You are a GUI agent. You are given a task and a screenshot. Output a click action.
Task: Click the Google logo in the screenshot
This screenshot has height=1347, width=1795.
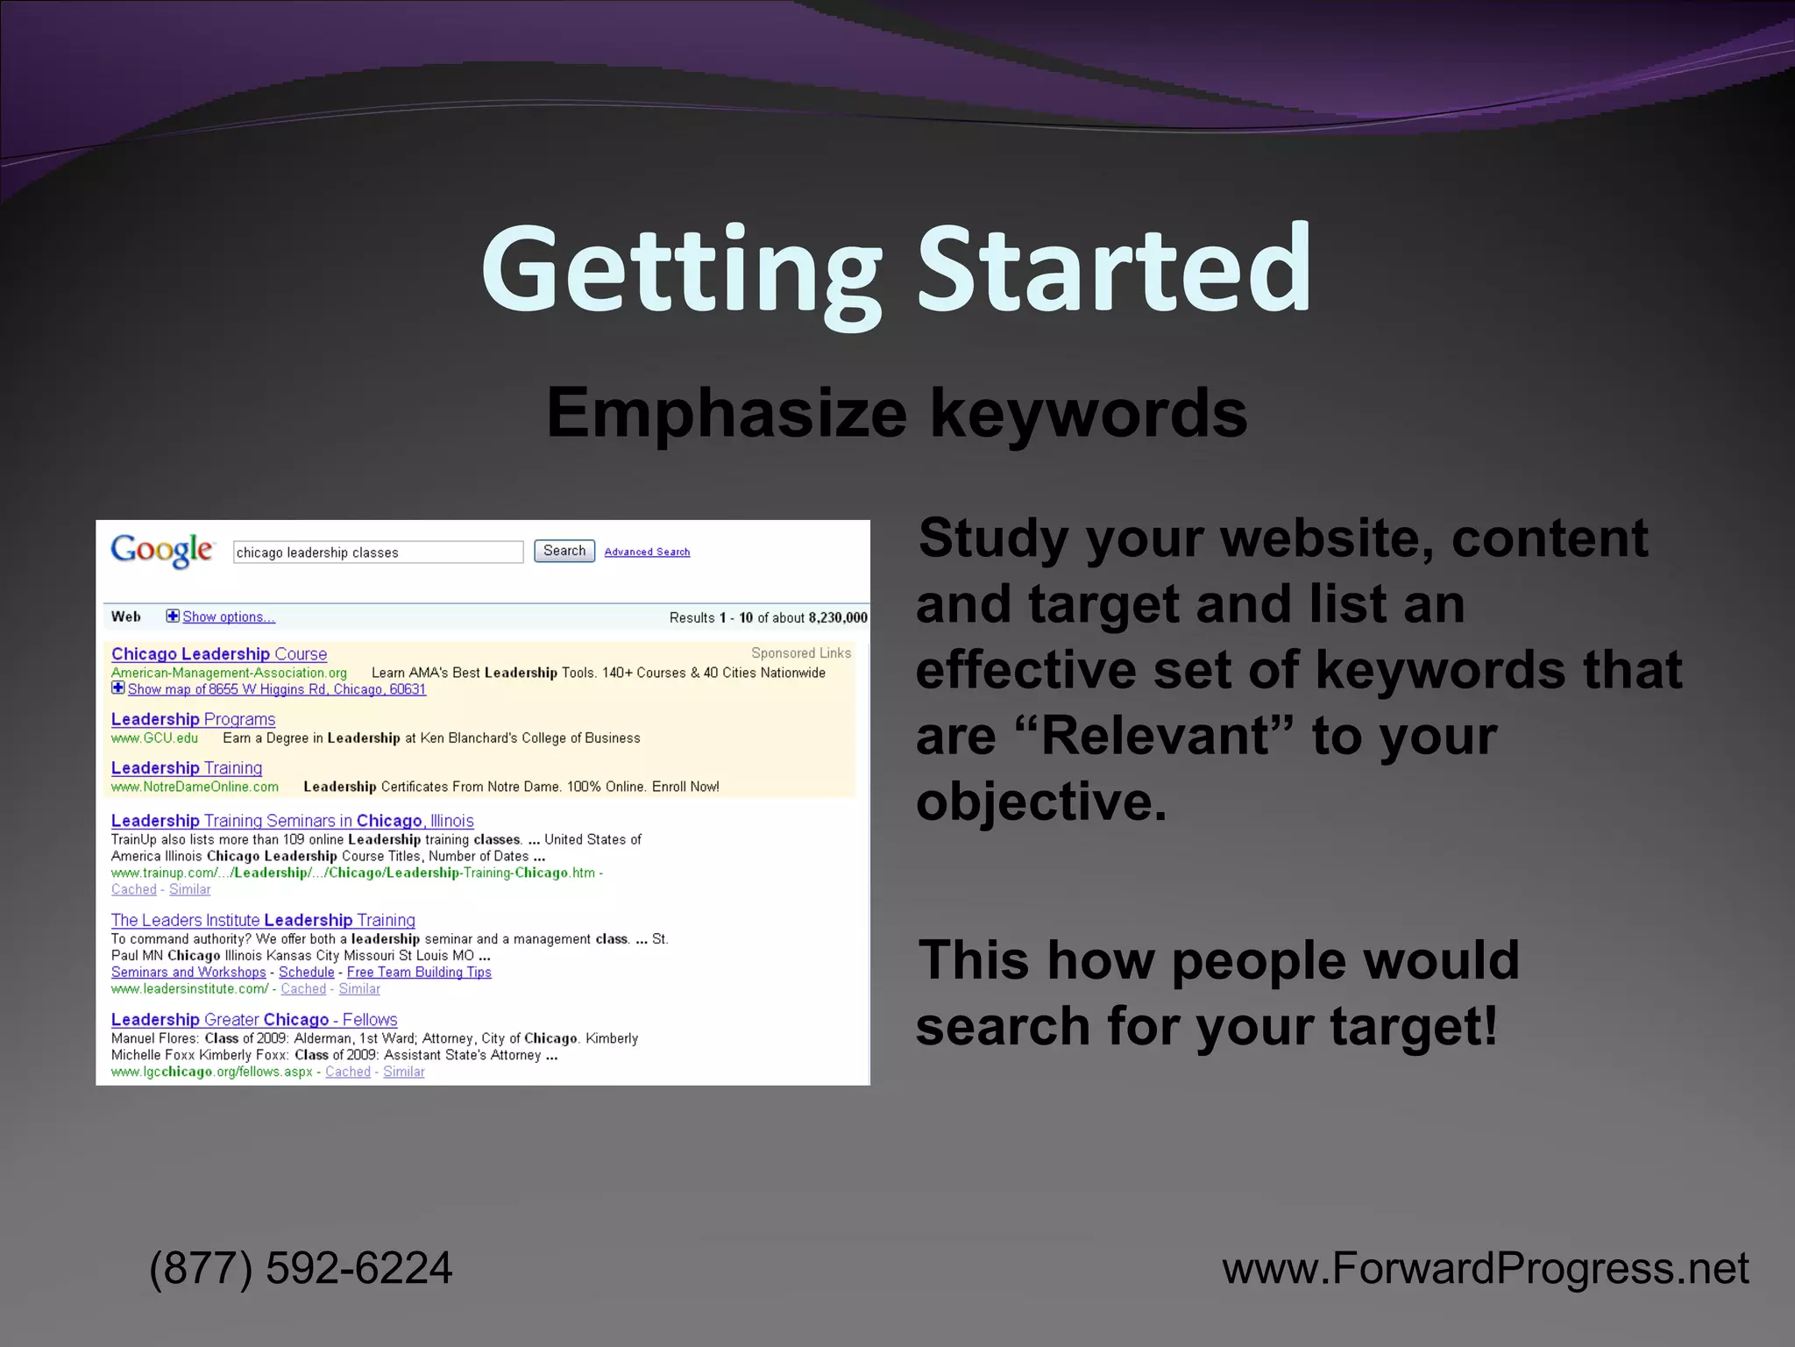162,550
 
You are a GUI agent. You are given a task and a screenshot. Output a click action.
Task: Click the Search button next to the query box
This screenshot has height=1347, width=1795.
564,551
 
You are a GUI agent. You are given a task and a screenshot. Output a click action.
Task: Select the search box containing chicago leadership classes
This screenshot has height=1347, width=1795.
378,552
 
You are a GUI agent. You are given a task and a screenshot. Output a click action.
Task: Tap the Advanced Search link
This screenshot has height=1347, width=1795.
647,552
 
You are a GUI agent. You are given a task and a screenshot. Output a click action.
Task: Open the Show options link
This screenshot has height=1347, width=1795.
228,616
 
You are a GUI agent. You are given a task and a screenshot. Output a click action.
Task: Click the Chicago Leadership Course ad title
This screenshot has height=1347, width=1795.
219,654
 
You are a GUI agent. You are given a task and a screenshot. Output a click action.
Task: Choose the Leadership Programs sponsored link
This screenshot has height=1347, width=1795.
193,719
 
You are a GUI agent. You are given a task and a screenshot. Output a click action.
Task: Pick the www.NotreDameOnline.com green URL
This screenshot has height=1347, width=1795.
195,787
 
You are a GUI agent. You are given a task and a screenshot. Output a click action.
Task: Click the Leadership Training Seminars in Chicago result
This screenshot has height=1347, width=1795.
292,821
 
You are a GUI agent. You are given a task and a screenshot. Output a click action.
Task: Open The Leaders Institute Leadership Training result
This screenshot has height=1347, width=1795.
263,920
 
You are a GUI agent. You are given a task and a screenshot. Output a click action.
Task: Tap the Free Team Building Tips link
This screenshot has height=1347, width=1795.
419,972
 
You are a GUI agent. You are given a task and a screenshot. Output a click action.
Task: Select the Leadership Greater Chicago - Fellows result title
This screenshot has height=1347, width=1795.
254,1019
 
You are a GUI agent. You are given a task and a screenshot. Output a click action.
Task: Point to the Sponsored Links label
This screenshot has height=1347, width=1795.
801,653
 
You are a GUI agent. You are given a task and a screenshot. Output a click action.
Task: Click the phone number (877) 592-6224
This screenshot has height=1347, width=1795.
301,1268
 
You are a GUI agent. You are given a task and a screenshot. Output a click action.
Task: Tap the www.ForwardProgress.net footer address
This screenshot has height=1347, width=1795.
1486,1268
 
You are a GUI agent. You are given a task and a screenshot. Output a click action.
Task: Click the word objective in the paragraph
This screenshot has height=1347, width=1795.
1041,801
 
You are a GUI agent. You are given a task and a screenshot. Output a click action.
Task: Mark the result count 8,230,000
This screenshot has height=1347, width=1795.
838,617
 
